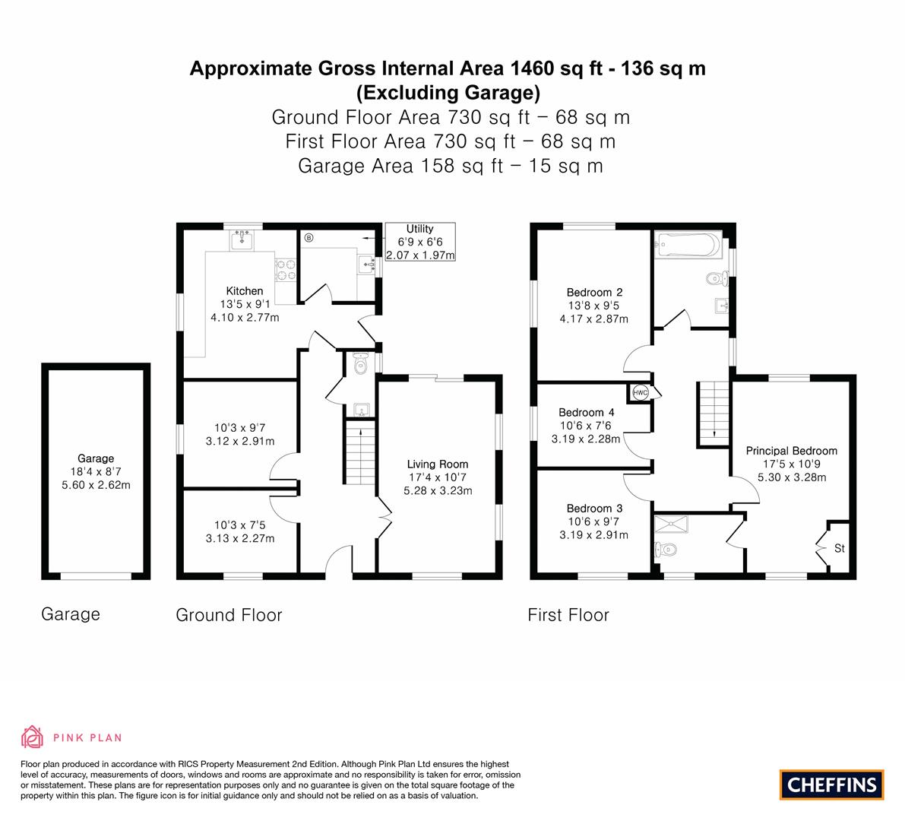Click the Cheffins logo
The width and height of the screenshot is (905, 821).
point(831,785)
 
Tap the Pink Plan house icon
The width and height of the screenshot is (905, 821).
point(33,737)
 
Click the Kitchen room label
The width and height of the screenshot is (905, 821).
point(244,291)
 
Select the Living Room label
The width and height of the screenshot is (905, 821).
point(438,464)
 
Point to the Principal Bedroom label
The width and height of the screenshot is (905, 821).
point(791,451)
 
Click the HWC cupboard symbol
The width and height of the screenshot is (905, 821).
point(641,392)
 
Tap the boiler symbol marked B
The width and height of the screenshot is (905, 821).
point(309,237)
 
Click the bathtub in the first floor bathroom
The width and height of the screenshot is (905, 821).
point(688,246)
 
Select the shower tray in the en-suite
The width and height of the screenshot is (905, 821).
point(671,524)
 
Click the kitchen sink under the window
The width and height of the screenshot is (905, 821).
point(242,239)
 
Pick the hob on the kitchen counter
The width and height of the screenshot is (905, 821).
point(286,269)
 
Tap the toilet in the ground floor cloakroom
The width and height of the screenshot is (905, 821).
point(361,363)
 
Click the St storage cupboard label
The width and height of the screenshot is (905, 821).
point(839,549)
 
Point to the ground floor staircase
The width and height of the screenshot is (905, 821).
point(360,453)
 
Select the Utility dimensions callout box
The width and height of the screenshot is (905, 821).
point(420,242)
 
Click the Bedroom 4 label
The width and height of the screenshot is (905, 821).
point(587,413)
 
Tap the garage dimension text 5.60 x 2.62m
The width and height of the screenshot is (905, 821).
point(96,485)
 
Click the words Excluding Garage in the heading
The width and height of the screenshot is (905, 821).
point(448,93)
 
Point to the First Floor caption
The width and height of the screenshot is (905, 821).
point(568,615)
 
